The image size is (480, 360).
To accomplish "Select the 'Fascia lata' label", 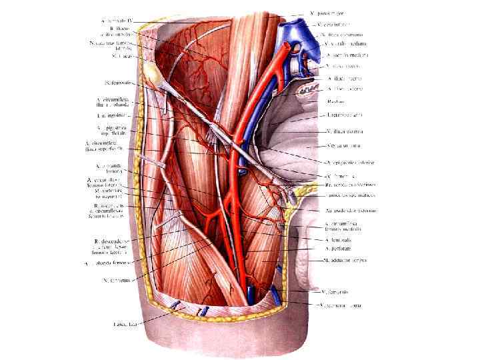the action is tap(124, 324).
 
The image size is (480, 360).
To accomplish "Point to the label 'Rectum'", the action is tap(335, 101).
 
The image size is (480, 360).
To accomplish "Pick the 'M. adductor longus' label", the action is tap(346, 260).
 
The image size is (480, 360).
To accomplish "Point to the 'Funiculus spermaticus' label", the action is tap(349, 195).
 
